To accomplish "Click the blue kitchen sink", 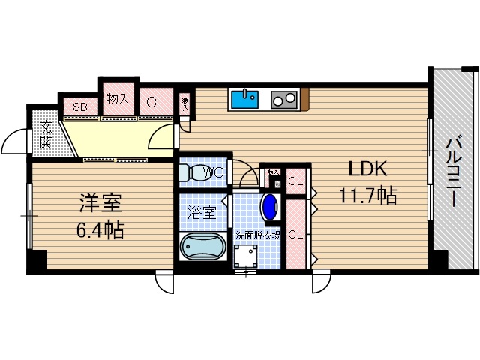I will (x=244, y=99).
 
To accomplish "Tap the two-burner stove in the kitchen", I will (x=284, y=99).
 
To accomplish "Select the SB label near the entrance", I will (x=79, y=106).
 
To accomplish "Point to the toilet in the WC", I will (x=195, y=172).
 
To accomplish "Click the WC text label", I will (x=215, y=172).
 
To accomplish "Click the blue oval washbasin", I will (x=269, y=207).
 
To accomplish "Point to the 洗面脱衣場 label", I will (x=258, y=235).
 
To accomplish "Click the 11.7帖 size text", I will (x=367, y=196).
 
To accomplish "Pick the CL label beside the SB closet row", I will (x=155, y=103).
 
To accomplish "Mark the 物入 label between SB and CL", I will (x=118, y=98).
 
